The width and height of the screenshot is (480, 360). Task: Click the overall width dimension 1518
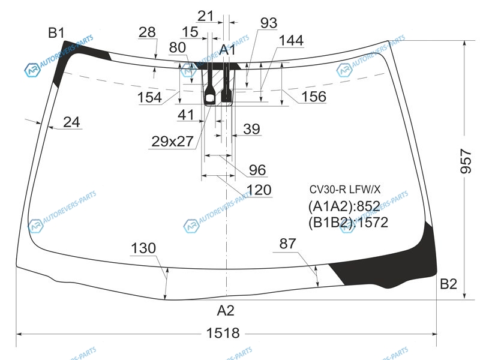(x=223, y=333)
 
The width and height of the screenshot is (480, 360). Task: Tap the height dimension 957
(x=466, y=161)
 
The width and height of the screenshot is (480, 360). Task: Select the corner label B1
(x=56, y=33)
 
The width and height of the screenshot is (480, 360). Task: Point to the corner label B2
(x=448, y=284)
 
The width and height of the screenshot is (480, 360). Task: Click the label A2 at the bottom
(x=226, y=311)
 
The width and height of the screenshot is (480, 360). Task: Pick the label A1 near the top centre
(x=228, y=50)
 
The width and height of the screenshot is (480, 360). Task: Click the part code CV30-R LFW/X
(x=344, y=190)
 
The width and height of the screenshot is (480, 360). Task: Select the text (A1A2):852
(x=344, y=206)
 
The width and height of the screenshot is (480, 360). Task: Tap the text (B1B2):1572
(x=348, y=223)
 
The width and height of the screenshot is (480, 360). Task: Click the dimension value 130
(x=143, y=248)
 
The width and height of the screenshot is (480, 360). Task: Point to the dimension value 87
(x=287, y=244)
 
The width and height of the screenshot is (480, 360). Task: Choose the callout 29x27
(x=172, y=142)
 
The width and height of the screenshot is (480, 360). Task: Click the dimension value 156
(x=314, y=97)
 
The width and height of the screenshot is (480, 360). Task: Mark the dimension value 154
(x=149, y=97)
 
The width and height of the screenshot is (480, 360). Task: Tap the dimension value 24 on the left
(x=71, y=122)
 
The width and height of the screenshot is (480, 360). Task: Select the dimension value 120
(x=259, y=190)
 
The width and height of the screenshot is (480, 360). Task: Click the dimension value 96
(x=257, y=170)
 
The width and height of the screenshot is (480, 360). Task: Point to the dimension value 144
(x=291, y=40)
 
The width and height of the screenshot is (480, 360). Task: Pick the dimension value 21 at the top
(x=205, y=16)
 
